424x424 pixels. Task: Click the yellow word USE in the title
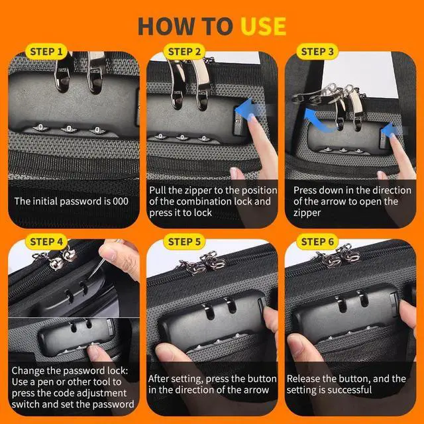263,26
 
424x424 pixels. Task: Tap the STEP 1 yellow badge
46,52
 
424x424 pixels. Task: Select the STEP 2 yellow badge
184,52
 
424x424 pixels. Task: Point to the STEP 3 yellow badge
317,52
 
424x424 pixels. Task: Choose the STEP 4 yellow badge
46,241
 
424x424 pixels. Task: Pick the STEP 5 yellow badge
184,241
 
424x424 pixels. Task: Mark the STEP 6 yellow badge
317,241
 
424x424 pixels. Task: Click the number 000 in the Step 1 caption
121,201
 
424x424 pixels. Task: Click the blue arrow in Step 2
250,109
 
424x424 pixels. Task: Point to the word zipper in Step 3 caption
307,213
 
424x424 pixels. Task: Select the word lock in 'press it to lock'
203,213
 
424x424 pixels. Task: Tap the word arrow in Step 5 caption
256,390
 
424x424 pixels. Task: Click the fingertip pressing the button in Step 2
252,119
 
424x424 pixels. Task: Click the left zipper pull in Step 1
64,72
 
